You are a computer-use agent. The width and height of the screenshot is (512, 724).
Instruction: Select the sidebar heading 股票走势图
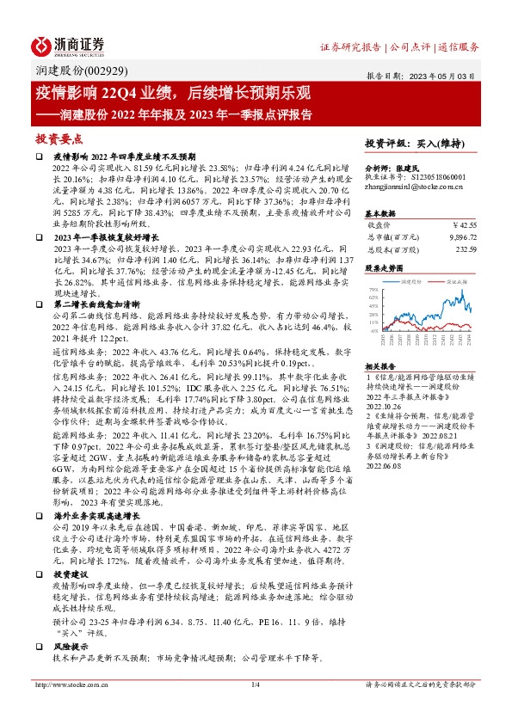[x=383, y=267]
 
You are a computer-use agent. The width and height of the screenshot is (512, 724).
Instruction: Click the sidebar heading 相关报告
[x=379, y=365]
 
